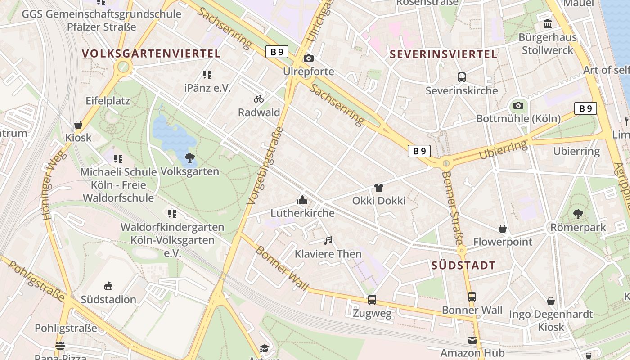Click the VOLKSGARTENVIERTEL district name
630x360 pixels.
click(151, 54)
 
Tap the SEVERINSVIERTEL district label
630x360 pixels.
click(443, 54)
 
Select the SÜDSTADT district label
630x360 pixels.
click(463, 265)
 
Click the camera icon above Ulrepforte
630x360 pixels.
click(309, 58)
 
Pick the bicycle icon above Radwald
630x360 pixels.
click(259, 99)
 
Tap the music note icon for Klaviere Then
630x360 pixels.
click(328, 241)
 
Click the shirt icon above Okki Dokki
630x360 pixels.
click(379, 187)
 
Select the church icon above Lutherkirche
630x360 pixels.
click(302, 200)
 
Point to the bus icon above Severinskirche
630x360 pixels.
click(462, 77)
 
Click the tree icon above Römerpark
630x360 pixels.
click(578, 214)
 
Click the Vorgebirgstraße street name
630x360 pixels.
click(266, 165)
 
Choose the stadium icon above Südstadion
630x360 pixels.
click(108, 286)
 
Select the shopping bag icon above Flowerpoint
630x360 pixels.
click(503, 229)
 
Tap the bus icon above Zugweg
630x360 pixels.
click(372, 299)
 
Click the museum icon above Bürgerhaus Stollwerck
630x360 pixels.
click(548, 23)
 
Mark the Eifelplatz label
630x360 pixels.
click(108, 101)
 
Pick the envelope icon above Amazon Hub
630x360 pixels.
click(472, 340)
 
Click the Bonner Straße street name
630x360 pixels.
click(453, 207)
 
